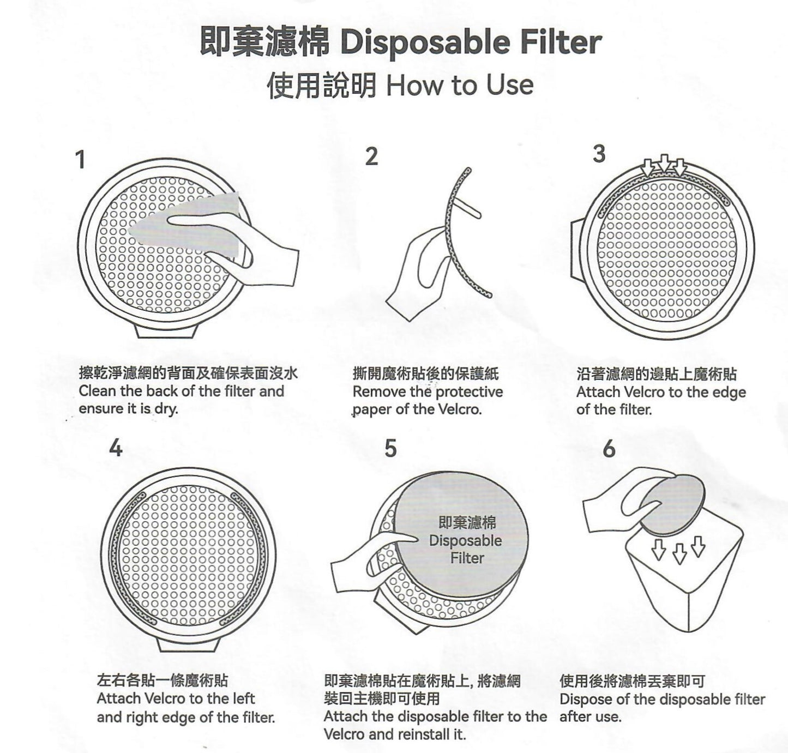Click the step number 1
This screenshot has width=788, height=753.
pyautogui.click(x=81, y=160)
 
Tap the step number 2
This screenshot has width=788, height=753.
pyautogui.click(x=371, y=156)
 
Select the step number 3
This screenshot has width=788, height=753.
pyautogui.click(x=599, y=154)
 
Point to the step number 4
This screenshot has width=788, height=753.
pyautogui.click(x=116, y=448)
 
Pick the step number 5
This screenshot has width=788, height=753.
pyautogui.click(x=390, y=448)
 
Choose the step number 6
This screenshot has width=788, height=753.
pyautogui.click(x=609, y=449)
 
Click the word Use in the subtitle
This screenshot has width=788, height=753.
pyautogui.click(x=510, y=85)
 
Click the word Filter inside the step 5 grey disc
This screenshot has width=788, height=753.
pyautogui.click(x=467, y=558)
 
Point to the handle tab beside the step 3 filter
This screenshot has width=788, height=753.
pyautogui.click(x=576, y=249)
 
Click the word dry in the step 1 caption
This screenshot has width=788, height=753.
pyautogui.click(x=167, y=409)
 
